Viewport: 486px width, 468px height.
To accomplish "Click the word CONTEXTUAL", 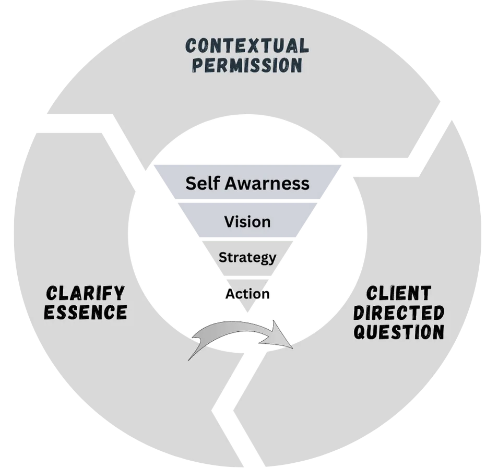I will coord(247,46).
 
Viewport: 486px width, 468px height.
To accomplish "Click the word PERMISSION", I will coord(247,66).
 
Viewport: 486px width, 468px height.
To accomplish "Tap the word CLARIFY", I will coord(85,292).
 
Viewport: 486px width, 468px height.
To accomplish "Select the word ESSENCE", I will coord(85,312).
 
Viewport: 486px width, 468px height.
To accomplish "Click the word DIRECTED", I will coord(399,313).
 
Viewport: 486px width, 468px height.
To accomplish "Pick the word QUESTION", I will coord(399,332).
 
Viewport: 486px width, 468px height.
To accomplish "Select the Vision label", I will coord(247,222).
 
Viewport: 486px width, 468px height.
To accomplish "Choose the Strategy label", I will coord(247,257).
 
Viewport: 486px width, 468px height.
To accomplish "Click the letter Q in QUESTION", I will coord(360,332).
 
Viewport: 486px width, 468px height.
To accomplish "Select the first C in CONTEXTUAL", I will coord(192,46).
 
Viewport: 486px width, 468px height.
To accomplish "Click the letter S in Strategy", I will coord(222,257).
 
